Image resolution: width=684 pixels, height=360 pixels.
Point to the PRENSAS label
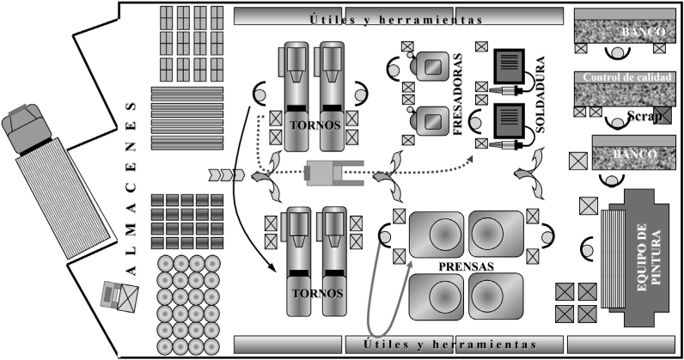point(466,265)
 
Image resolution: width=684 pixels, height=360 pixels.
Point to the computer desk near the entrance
point(119,296)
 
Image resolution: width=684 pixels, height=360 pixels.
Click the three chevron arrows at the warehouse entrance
point(227,175)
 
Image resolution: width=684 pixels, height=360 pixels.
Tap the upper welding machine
point(509,64)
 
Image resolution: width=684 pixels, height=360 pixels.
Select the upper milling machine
point(430,63)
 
